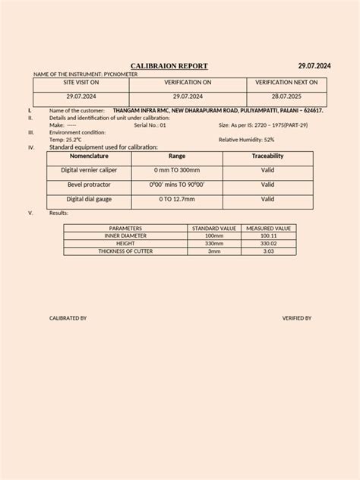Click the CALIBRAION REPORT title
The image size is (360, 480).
[169, 66]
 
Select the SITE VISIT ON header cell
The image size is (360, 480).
[81, 81]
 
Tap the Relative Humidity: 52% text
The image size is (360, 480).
[246, 140]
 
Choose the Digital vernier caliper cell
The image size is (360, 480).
[89, 170]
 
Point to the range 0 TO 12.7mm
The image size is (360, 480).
[177, 199]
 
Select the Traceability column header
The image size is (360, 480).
[267, 155]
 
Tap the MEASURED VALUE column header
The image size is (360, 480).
[268, 228]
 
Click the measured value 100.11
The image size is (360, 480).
[268, 235]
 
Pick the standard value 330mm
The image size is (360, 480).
[214, 243]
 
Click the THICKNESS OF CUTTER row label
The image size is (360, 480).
[126, 251]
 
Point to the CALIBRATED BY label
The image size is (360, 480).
[68, 318]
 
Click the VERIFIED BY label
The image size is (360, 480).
[296, 318]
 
